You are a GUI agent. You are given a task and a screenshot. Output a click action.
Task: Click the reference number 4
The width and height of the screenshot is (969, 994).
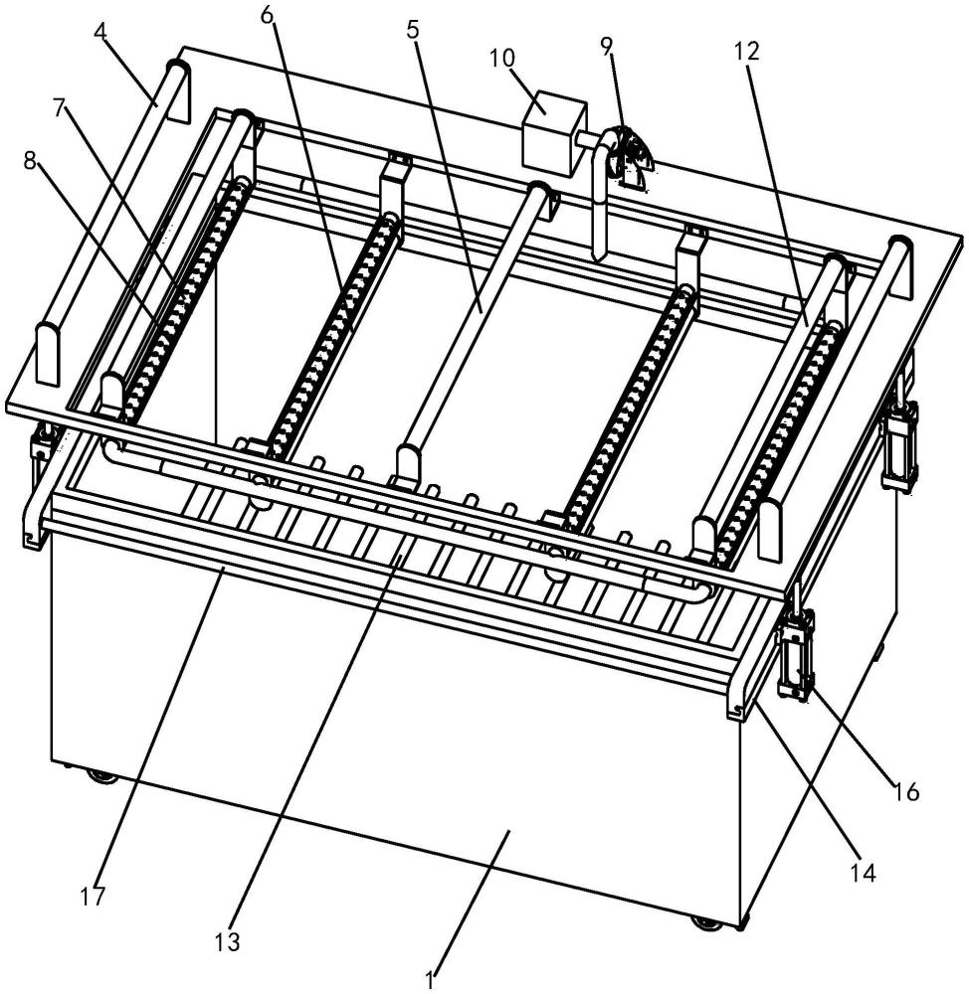(100, 32)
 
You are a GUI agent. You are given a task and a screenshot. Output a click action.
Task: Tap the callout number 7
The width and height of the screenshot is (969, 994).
(59, 108)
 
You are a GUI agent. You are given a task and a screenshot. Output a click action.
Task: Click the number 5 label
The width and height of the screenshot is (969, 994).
(413, 30)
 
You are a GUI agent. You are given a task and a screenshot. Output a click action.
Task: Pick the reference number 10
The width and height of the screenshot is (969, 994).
(502, 58)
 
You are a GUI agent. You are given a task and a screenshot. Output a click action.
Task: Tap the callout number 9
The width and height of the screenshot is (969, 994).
(607, 45)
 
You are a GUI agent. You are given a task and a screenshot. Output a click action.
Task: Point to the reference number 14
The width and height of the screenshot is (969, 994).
(864, 873)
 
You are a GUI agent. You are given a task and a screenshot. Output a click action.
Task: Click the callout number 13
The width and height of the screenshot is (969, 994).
(228, 942)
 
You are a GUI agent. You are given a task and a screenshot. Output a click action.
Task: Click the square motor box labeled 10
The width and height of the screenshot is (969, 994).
(550, 134)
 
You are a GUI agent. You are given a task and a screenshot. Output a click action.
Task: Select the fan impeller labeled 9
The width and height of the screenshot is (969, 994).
(628, 150)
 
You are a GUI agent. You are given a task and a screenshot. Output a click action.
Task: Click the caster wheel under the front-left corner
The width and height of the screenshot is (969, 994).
(102, 776)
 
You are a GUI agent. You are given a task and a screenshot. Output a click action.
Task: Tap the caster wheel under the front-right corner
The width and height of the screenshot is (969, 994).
(707, 922)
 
